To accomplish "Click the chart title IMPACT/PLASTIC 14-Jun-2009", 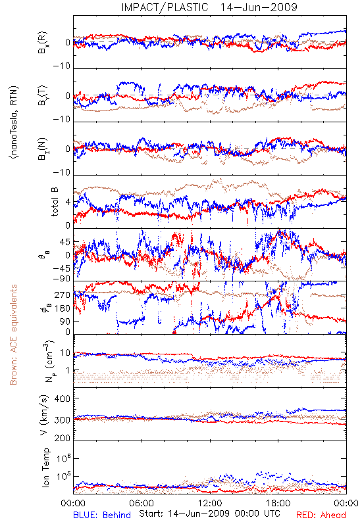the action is [x=209, y=7].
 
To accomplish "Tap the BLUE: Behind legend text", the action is [x=102, y=515].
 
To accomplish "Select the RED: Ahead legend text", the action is [x=321, y=515].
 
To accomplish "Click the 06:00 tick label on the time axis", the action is [x=142, y=503].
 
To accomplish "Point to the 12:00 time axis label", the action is [x=210, y=503].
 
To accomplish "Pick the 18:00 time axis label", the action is [x=278, y=503].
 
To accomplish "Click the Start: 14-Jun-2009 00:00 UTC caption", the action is [x=210, y=514].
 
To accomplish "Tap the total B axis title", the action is [x=55, y=202].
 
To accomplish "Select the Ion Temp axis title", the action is [x=45, y=467].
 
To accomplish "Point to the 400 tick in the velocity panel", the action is [x=63, y=399].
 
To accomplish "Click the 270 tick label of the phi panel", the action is [x=63, y=295].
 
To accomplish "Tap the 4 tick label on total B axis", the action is [x=68, y=203].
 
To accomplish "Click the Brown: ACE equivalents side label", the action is [x=13, y=335].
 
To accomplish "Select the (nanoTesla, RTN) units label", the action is [x=14, y=122].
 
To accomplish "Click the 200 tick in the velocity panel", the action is [x=63, y=438].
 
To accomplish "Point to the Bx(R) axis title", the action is [x=43, y=43].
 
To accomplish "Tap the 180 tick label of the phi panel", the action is [x=63, y=308].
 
